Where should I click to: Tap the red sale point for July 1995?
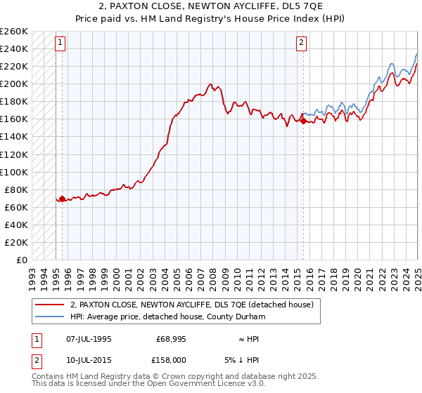coord(62,199)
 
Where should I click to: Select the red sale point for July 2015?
coord(303,121)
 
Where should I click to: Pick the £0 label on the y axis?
coord(22,260)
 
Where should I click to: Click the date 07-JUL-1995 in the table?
coord(87,339)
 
